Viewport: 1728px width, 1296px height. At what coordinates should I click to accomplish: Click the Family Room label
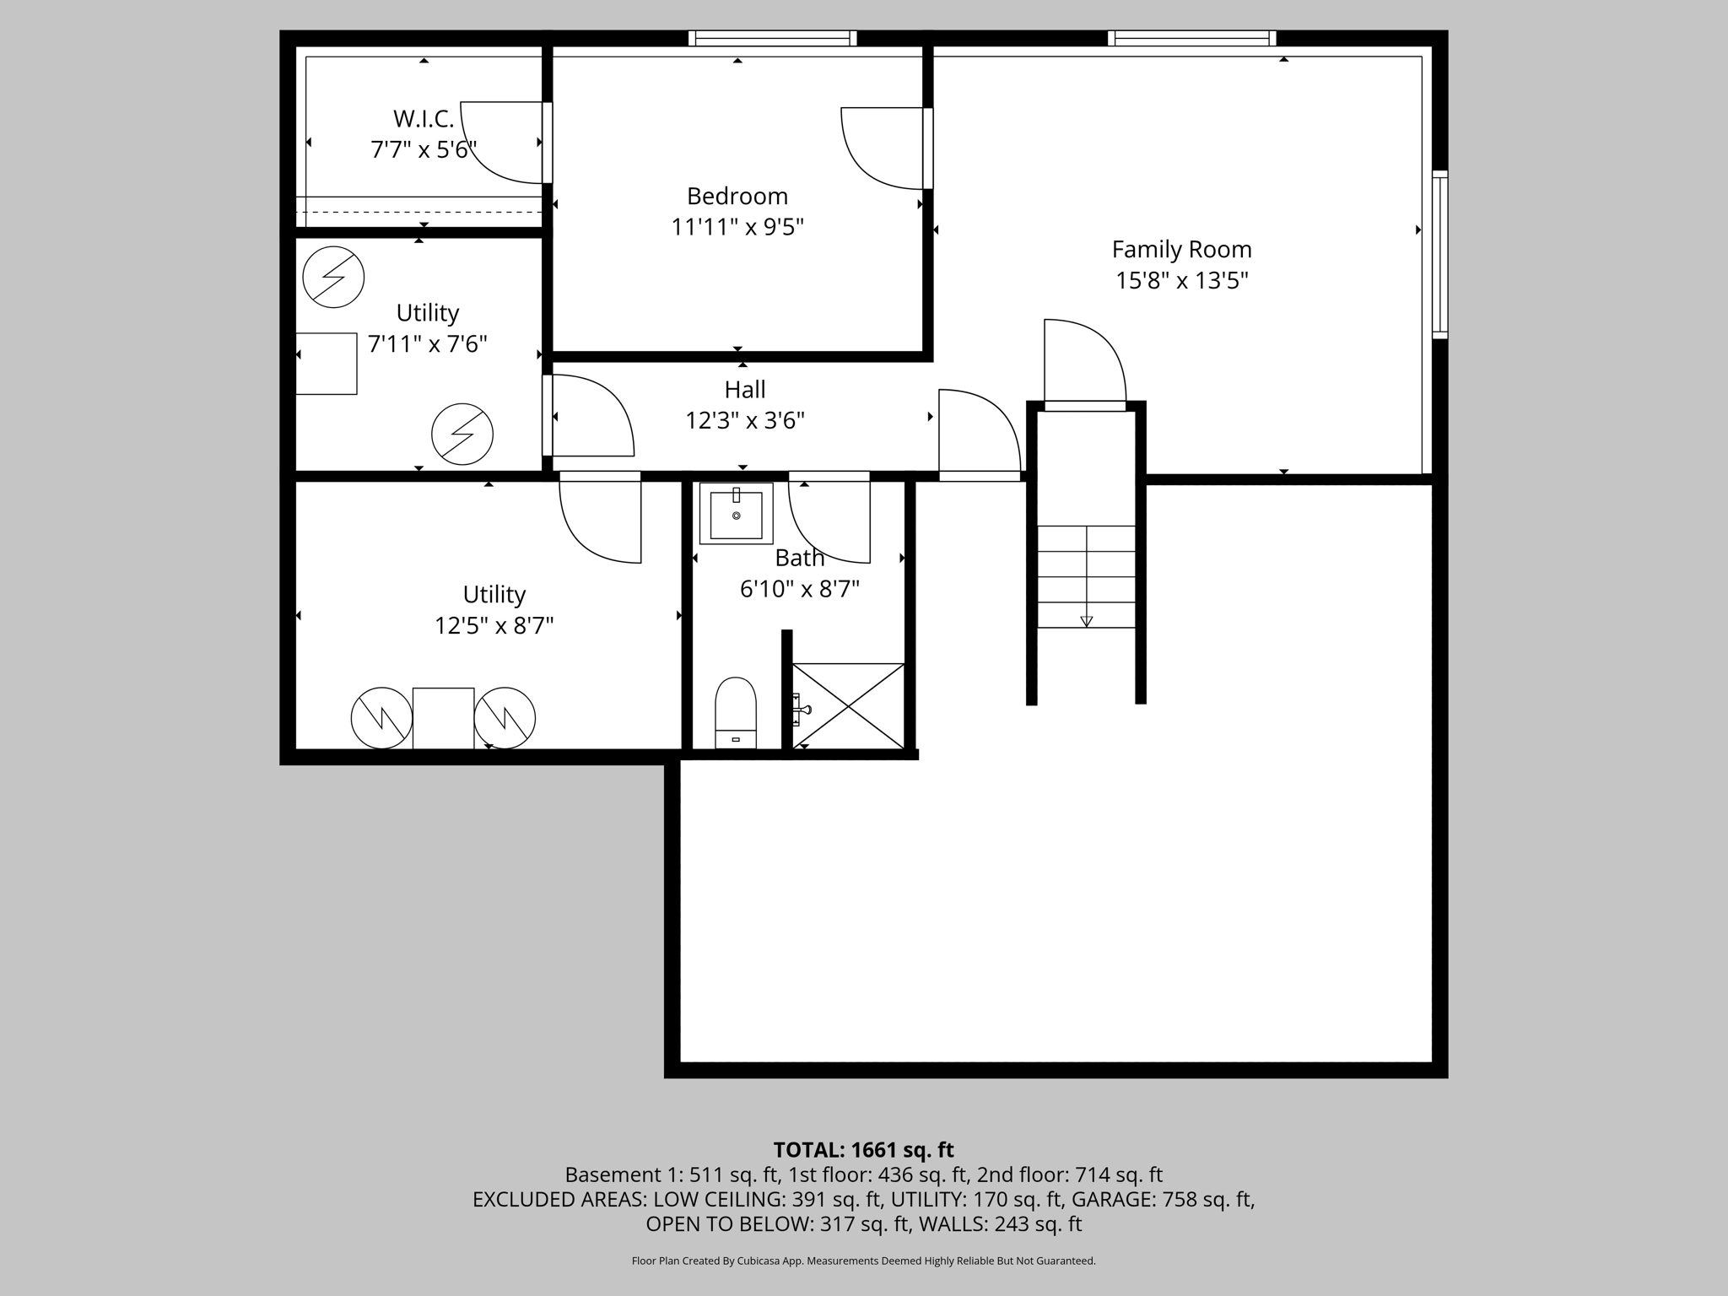[x=1181, y=250]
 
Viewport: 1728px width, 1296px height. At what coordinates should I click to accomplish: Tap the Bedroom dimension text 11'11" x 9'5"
[x=737, y=227]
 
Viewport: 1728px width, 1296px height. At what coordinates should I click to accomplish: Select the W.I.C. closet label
[x=424, y=119]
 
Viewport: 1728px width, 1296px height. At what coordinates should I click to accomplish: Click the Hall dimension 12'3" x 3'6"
[x=745, y=420]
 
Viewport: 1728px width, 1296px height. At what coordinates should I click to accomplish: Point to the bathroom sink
[x=736, y=514]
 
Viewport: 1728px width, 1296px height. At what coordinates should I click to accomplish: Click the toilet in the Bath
[x=736, y=712]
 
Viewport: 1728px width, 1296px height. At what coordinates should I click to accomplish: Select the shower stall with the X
[x=848, y=705]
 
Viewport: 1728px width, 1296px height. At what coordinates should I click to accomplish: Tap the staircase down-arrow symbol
[x=1086, y=621]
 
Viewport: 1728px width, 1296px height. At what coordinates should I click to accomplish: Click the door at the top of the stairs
[x=1085, y=363]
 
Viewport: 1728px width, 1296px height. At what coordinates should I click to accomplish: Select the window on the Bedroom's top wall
[x=772, y=38]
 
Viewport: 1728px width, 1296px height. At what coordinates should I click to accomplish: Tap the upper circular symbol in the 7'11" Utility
[x=333, y=277]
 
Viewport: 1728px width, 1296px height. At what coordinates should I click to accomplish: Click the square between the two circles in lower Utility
[x=443, y=718]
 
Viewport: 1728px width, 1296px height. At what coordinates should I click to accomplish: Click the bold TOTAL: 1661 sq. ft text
[x=863, y=1150]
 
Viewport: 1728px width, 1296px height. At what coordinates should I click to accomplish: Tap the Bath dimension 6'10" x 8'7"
[x=799, y=589]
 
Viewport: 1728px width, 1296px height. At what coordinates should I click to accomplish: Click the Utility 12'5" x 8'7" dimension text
[x=494, y=626]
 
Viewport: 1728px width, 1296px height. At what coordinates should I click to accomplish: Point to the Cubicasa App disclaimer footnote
[x=863, y=1261]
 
